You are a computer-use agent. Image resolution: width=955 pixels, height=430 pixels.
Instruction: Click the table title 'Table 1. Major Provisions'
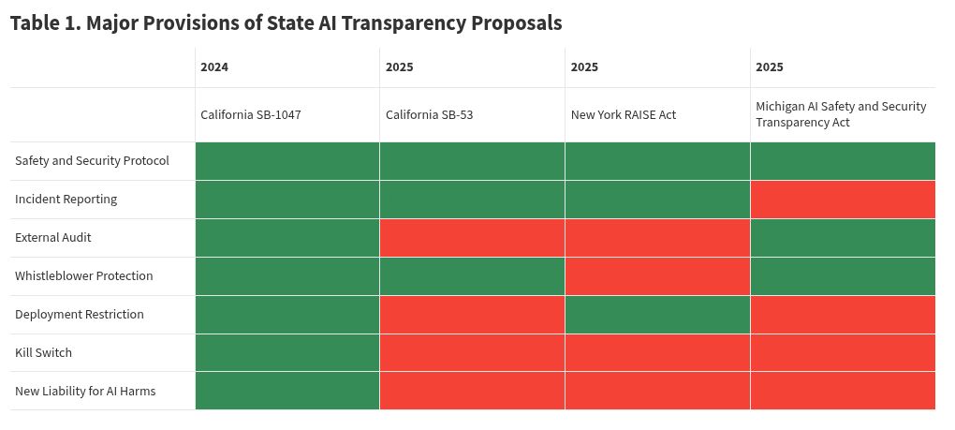coord(286,22)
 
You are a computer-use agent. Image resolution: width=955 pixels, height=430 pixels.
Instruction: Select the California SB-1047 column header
coord(250,114)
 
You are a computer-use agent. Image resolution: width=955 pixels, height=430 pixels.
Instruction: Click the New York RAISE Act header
coord(623,114)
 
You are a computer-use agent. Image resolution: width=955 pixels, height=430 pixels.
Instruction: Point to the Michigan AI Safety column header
coord(840,114)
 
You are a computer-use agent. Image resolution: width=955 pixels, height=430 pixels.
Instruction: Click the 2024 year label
coord(214,67)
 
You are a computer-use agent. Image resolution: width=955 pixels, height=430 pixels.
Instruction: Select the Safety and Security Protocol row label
coord(92,160)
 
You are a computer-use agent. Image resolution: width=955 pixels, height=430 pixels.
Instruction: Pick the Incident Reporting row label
coord(66,199)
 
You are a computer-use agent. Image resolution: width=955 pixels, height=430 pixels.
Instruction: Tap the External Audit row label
coord(53,237)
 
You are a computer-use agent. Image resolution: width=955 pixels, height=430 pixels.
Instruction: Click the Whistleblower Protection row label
coord(83,275)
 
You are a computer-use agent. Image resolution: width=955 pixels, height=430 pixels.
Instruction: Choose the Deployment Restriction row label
coord(80,314)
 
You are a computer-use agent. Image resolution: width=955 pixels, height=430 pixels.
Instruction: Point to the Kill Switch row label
coord(43,352)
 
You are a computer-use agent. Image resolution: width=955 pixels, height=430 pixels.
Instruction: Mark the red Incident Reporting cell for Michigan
coord(843,199)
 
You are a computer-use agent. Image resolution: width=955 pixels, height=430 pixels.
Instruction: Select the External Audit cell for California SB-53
coord(472,237)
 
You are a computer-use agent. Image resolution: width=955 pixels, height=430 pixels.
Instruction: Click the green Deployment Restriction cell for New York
coord(657,314)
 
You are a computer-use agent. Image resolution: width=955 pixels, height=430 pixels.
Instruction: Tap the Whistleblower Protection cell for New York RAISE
coord(657,275)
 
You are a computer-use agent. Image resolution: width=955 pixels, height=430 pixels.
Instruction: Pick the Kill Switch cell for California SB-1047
coord(287,352)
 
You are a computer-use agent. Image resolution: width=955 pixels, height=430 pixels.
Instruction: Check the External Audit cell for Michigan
coord(843,237)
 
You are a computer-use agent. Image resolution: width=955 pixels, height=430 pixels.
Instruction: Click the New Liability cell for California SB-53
coord(472,391)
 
